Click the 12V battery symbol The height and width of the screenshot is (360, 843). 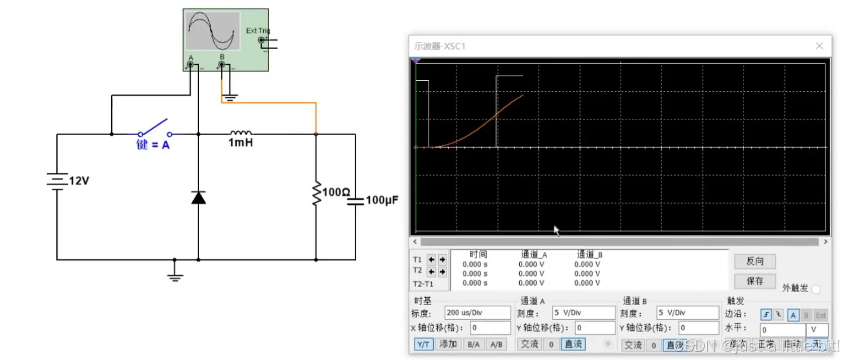[58, 181]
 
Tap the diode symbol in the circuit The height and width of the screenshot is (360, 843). [198, 197]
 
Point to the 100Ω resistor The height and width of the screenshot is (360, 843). [316, 193]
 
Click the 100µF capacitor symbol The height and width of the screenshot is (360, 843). [355, 200]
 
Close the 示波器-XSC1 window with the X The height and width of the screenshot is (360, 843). [819, 46]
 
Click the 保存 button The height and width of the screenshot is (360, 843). [754, 281]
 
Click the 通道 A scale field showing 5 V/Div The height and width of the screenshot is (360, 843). [582, 313]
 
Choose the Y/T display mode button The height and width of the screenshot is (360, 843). [423, 344]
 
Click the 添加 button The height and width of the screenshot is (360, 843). [448, 344]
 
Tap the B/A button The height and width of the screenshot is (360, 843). [473, 344]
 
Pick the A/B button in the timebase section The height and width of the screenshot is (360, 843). [496, 344]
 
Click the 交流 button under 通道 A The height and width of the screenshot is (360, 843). [529, 344]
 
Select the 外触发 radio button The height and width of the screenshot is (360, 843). [815, 290]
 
